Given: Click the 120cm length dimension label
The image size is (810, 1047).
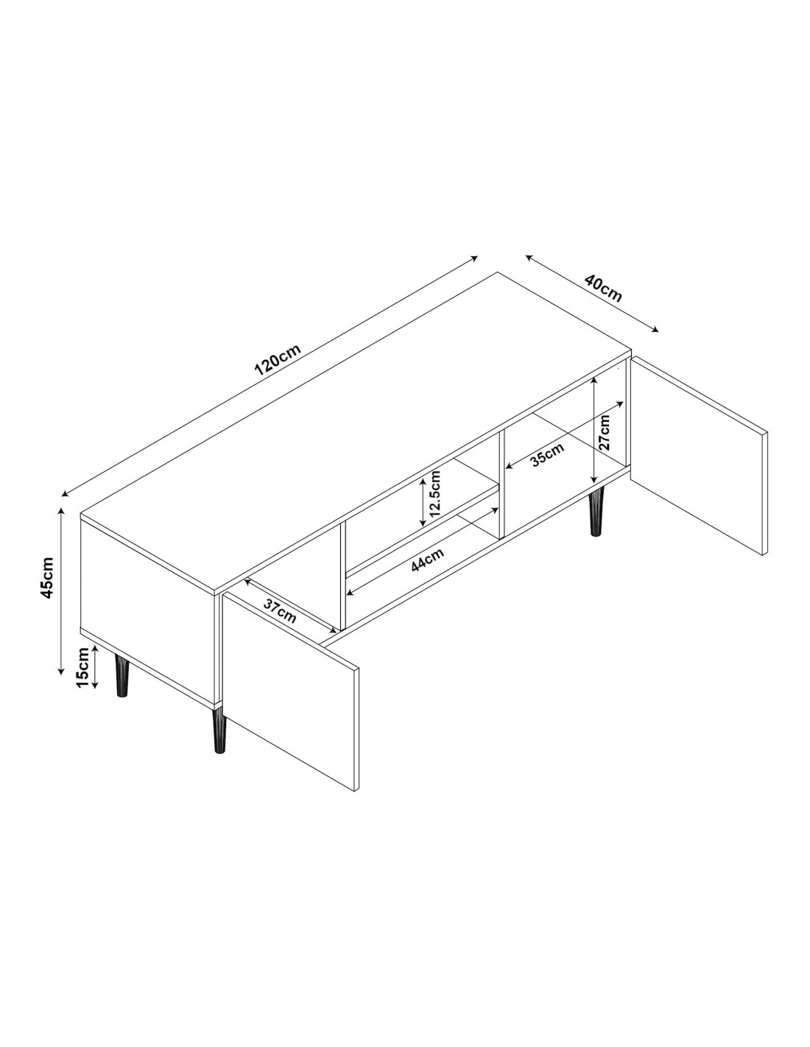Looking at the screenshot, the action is [x=277, y=359].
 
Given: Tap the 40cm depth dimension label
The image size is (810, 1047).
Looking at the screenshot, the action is [x=602, y=288].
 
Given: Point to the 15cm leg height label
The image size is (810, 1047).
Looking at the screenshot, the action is [x=82, y=667].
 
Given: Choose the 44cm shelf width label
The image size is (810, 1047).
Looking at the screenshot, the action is [x=427, y=560].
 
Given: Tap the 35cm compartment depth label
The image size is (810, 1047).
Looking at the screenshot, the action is [x=547, y=454].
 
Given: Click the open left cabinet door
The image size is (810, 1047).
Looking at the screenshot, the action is [x=290, y=674].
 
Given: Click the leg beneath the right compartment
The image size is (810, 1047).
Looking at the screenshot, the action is [x=596, y=512].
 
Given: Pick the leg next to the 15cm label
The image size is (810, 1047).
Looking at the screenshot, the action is [x=122, y=674].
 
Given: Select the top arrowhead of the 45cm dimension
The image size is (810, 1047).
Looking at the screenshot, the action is [x=61, y=510].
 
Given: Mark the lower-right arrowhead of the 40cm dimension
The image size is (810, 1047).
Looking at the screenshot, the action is [x=656, y=330].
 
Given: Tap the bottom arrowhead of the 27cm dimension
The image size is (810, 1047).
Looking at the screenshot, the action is [x=596, y=481].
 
